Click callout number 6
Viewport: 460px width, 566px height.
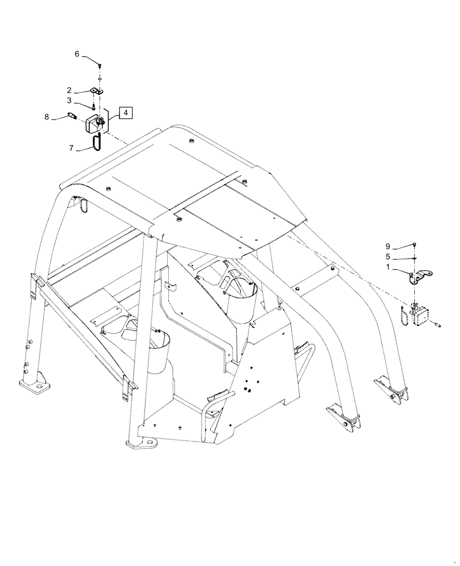pyautogui.click(x=77, y=54)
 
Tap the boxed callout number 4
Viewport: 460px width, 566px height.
pyautogui.click(x=125, y=112)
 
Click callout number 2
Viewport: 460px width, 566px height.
pyautogui.click(x=68, y=90)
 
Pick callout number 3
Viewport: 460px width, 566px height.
pyautogui.click(x=68, y=101)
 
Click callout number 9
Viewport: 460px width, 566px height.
pyautogui.click(x=388, y=246)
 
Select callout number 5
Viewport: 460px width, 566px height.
pyautogui.click(x=388, y=256)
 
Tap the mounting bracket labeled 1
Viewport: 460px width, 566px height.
pyautogui.click(x=420, y=277)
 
